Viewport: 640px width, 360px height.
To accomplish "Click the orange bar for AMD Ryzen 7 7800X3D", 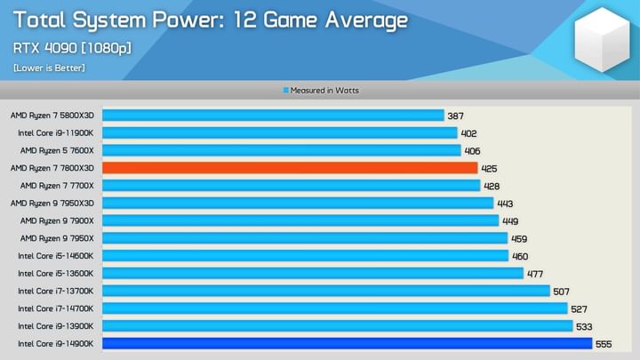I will pos(290,168).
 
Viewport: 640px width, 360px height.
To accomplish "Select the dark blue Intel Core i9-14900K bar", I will pos(347,343).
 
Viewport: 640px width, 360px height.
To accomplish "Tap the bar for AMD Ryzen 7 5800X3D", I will pos(273,116).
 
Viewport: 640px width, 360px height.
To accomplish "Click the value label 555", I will pos(604,343).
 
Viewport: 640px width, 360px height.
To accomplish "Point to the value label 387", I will pos(455,116).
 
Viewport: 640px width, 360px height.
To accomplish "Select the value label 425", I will pos(489,168).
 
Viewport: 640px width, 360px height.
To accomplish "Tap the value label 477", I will pos(535,273).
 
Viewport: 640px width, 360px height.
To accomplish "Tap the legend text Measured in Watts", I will pos(324,91).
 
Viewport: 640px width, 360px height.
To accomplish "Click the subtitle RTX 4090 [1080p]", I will pos(71,47).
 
